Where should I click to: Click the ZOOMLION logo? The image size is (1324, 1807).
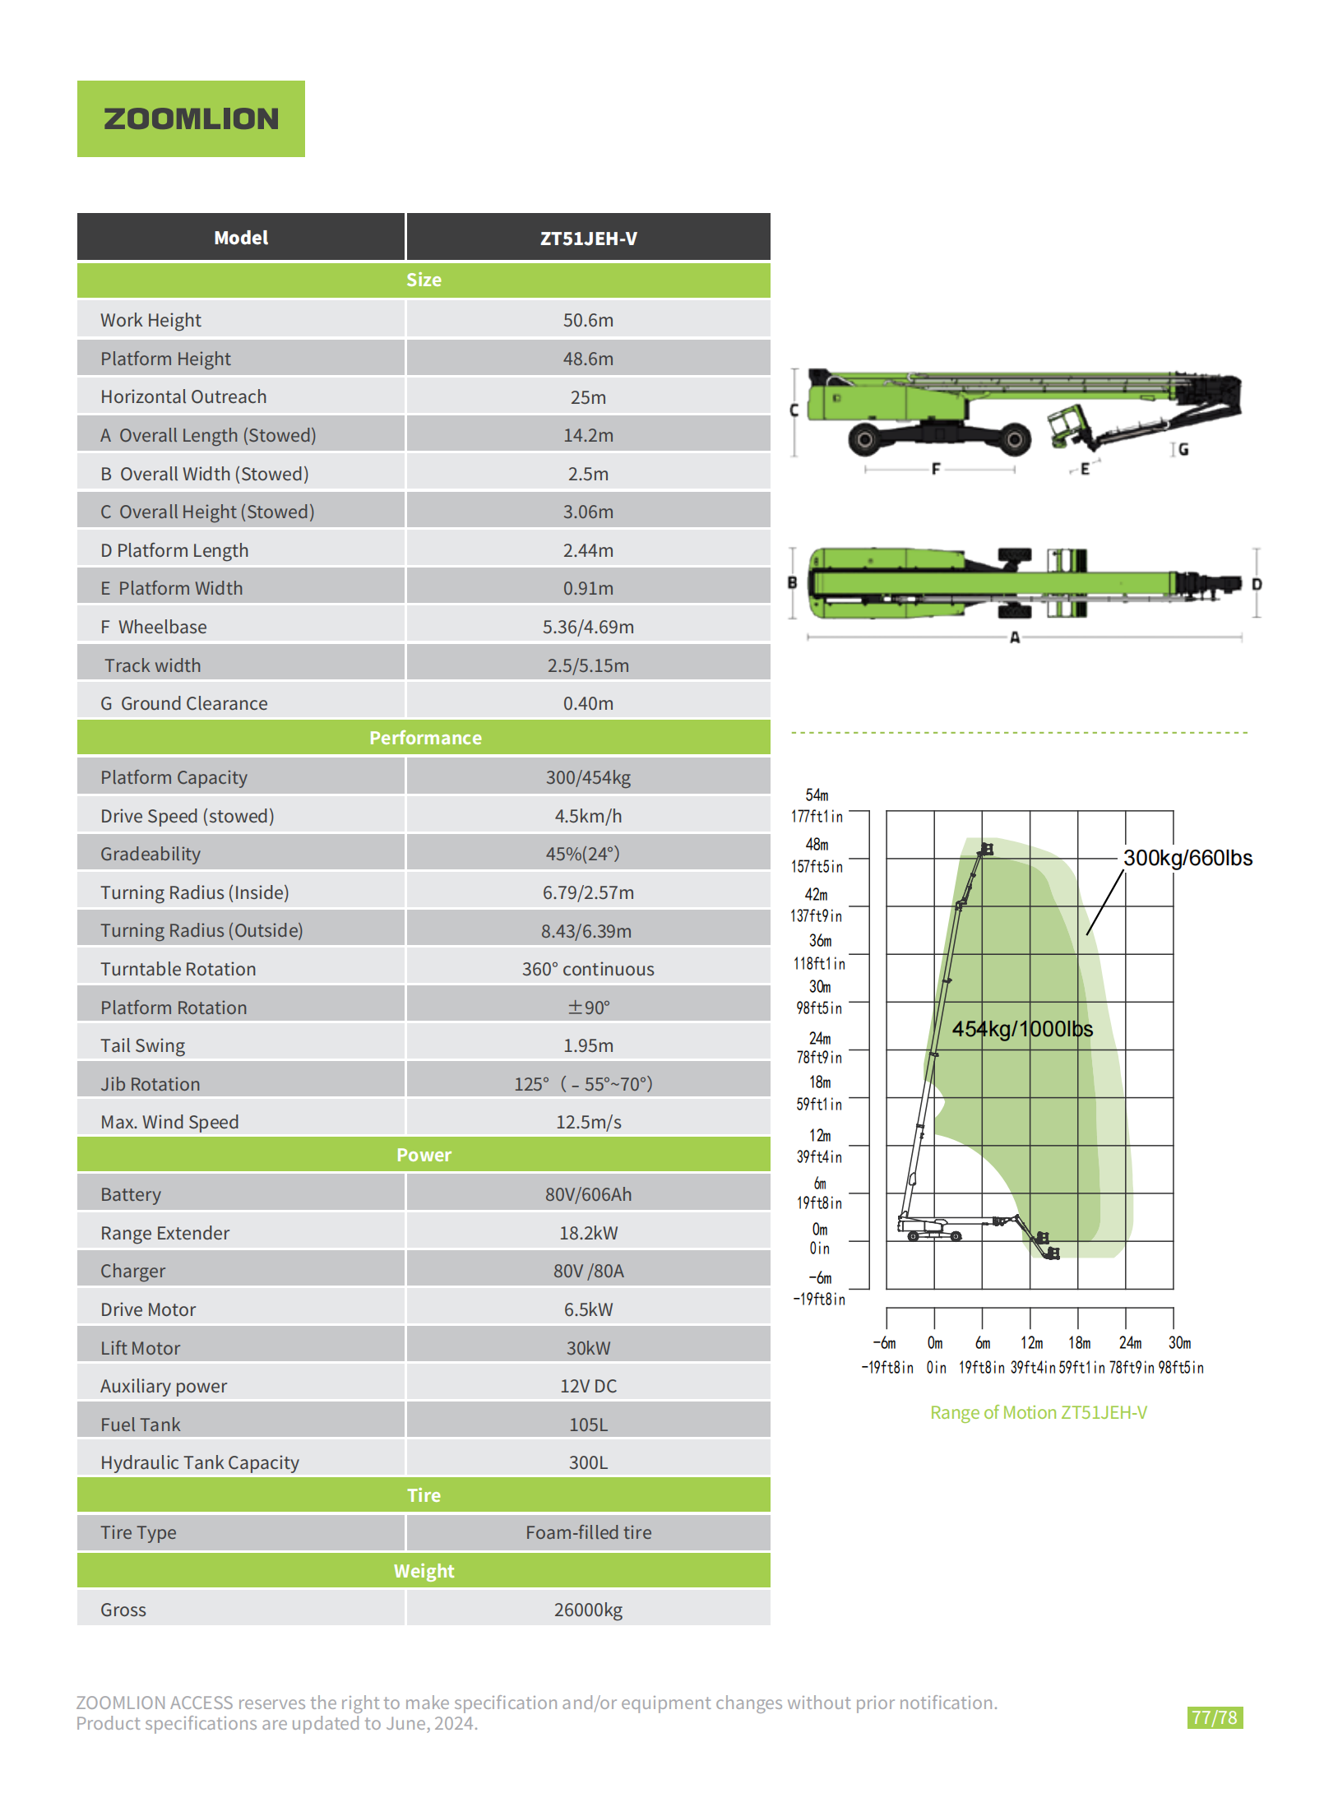(x=191, y=118)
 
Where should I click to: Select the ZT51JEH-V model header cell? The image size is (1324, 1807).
(x=588, y=239)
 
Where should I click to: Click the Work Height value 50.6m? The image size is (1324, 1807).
(x=588, y=320)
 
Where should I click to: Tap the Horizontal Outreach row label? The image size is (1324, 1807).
(x=183, y=396)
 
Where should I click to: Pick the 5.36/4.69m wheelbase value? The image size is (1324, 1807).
(x=588, y=627)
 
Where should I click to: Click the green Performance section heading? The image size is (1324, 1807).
(x=424, y=738)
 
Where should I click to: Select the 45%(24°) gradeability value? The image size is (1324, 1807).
(x=582, y=854)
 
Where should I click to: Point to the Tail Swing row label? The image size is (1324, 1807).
(x=142, y=1045)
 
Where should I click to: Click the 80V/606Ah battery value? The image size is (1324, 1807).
(x=588, y=1194)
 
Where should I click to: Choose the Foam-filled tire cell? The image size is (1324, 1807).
(x=588, y=1532)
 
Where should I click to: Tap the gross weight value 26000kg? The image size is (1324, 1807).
(x=588, y=1610)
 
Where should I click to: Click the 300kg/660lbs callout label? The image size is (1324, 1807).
(x=1187, y=858)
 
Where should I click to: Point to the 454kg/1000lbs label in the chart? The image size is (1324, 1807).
(x=1022, y=1029)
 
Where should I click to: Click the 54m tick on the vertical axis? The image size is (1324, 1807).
(x=817, y=795)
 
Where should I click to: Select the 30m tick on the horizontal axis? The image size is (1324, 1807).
(x=1179, y=1342)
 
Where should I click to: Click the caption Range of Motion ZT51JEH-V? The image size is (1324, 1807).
(x=1038, y=1412)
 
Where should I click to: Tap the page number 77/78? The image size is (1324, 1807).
(x=1214, y=1717)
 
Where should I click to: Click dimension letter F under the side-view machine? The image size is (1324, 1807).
(x=935, y=469)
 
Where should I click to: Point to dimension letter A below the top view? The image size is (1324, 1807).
(x=1014, y=637)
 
